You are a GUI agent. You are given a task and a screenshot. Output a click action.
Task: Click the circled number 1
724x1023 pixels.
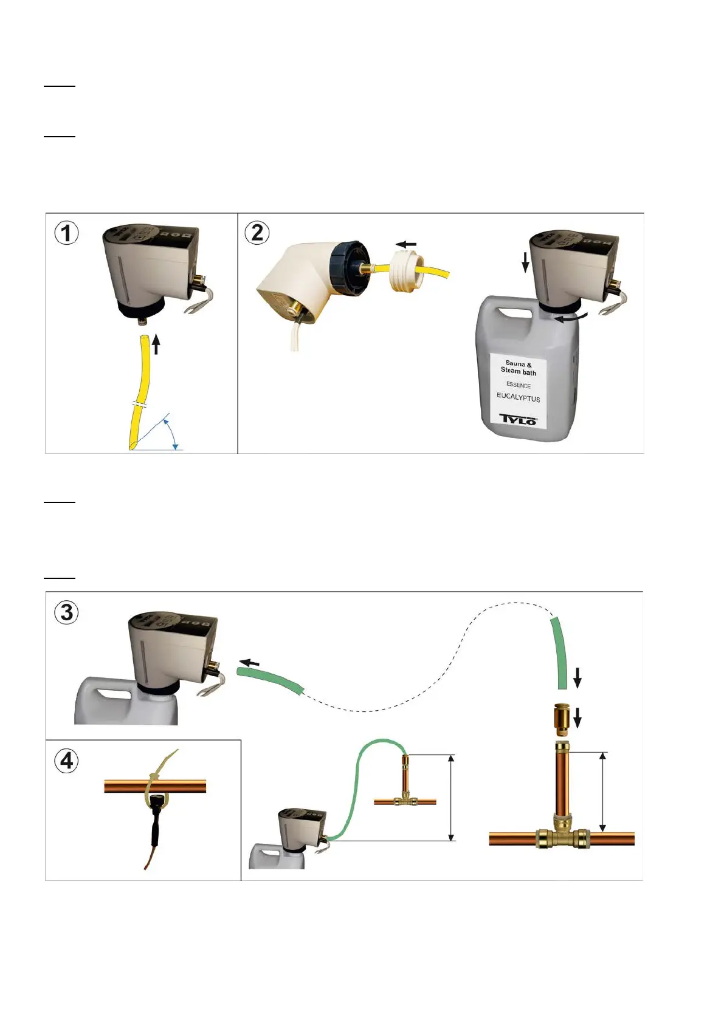click(x=67, y=233)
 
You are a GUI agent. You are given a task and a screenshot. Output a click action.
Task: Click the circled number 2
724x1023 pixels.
click(x=257, y=233)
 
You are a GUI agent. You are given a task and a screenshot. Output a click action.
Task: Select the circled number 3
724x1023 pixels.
click(x=67, y=612)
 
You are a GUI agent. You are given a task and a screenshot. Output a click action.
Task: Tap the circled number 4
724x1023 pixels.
click(x=67, y=761)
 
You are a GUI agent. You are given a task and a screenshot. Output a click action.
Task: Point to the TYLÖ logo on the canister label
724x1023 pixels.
click(x=518, y=419)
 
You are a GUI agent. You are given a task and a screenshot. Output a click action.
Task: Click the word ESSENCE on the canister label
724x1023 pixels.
click(x=518, y=385)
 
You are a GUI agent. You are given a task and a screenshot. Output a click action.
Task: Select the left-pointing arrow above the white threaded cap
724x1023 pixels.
click(x=407, y=244)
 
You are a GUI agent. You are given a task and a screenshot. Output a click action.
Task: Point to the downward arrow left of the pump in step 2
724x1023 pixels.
click(x=526, y=262)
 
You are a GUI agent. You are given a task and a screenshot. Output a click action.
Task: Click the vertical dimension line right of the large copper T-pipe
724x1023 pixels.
click(x=603, y=792)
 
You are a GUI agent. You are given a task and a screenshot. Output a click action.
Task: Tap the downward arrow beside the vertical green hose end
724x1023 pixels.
click(x=577, y=677)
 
